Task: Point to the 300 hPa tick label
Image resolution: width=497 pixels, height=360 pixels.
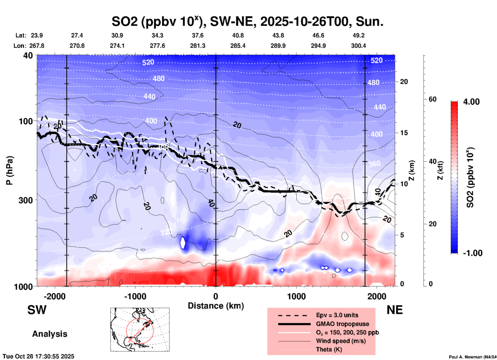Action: (26, 200)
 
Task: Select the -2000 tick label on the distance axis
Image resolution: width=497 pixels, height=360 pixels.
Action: (55, 296)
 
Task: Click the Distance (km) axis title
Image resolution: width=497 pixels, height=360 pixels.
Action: (216, 306)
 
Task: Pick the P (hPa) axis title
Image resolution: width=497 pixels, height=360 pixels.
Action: (10, 170)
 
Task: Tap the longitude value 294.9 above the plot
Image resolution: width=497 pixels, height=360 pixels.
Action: (318, 46)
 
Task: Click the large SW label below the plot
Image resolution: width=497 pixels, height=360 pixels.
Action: (37, 310)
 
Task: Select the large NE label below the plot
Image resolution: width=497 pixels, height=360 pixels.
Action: (395, 310)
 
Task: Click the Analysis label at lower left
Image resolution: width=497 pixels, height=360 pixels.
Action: (50, 334)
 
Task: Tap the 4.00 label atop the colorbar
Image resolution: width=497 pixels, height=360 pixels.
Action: (471, 102)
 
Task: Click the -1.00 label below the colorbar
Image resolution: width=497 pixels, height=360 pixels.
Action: (472, 253)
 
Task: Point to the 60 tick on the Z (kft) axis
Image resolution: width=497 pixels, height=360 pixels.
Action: (432, 99)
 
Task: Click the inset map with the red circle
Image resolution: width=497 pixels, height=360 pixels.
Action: (140, 330)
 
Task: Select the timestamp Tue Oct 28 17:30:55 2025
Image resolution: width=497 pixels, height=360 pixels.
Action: (38, 356)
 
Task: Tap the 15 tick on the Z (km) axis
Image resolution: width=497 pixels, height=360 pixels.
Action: (404, 133)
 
